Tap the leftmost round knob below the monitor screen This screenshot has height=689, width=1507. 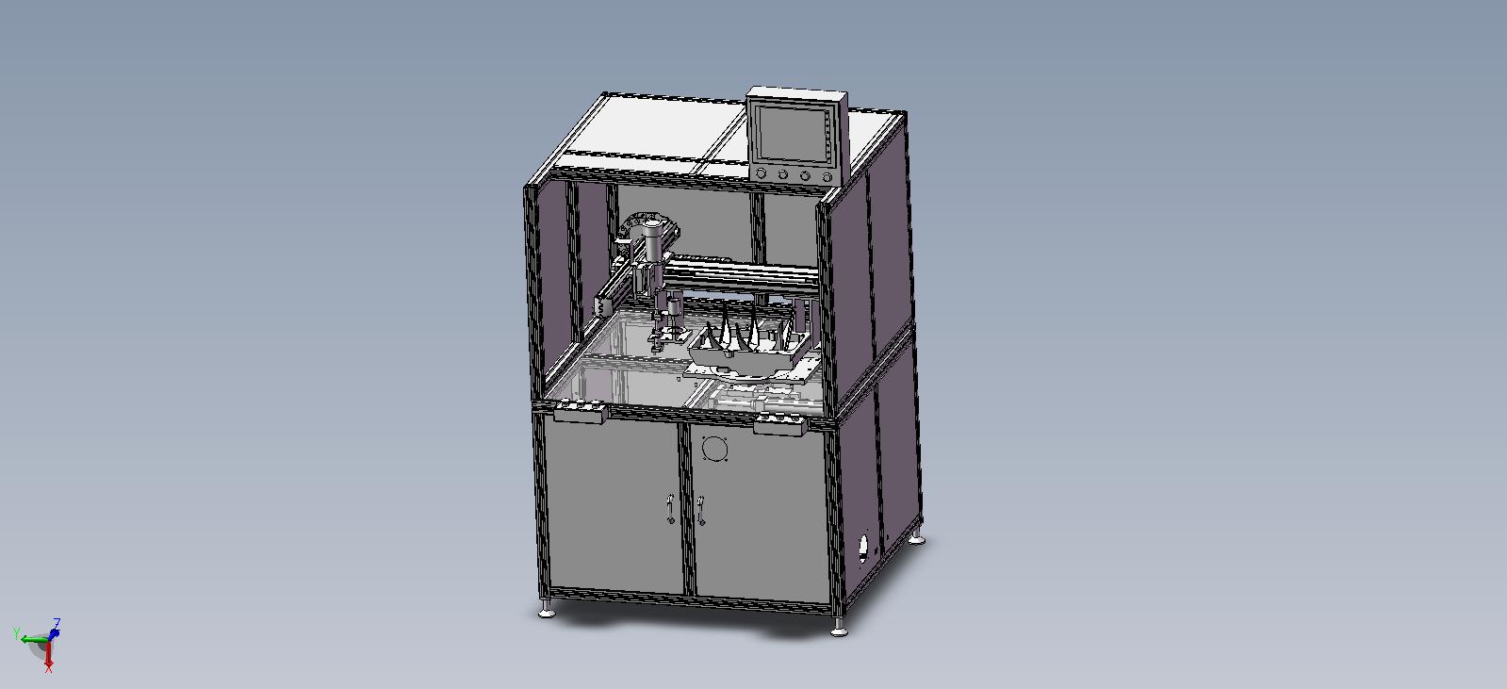(x=762, y=172)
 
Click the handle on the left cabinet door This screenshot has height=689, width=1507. (x=670, y=509)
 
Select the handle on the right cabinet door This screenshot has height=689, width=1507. (x=701, y=511)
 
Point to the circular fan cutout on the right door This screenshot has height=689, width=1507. (x=713, y=449)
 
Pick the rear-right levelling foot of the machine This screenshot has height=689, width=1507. (x=917, y=538)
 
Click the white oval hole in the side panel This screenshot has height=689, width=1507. (x=863, y=550)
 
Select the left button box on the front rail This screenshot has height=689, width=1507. (x=581, y=411)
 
